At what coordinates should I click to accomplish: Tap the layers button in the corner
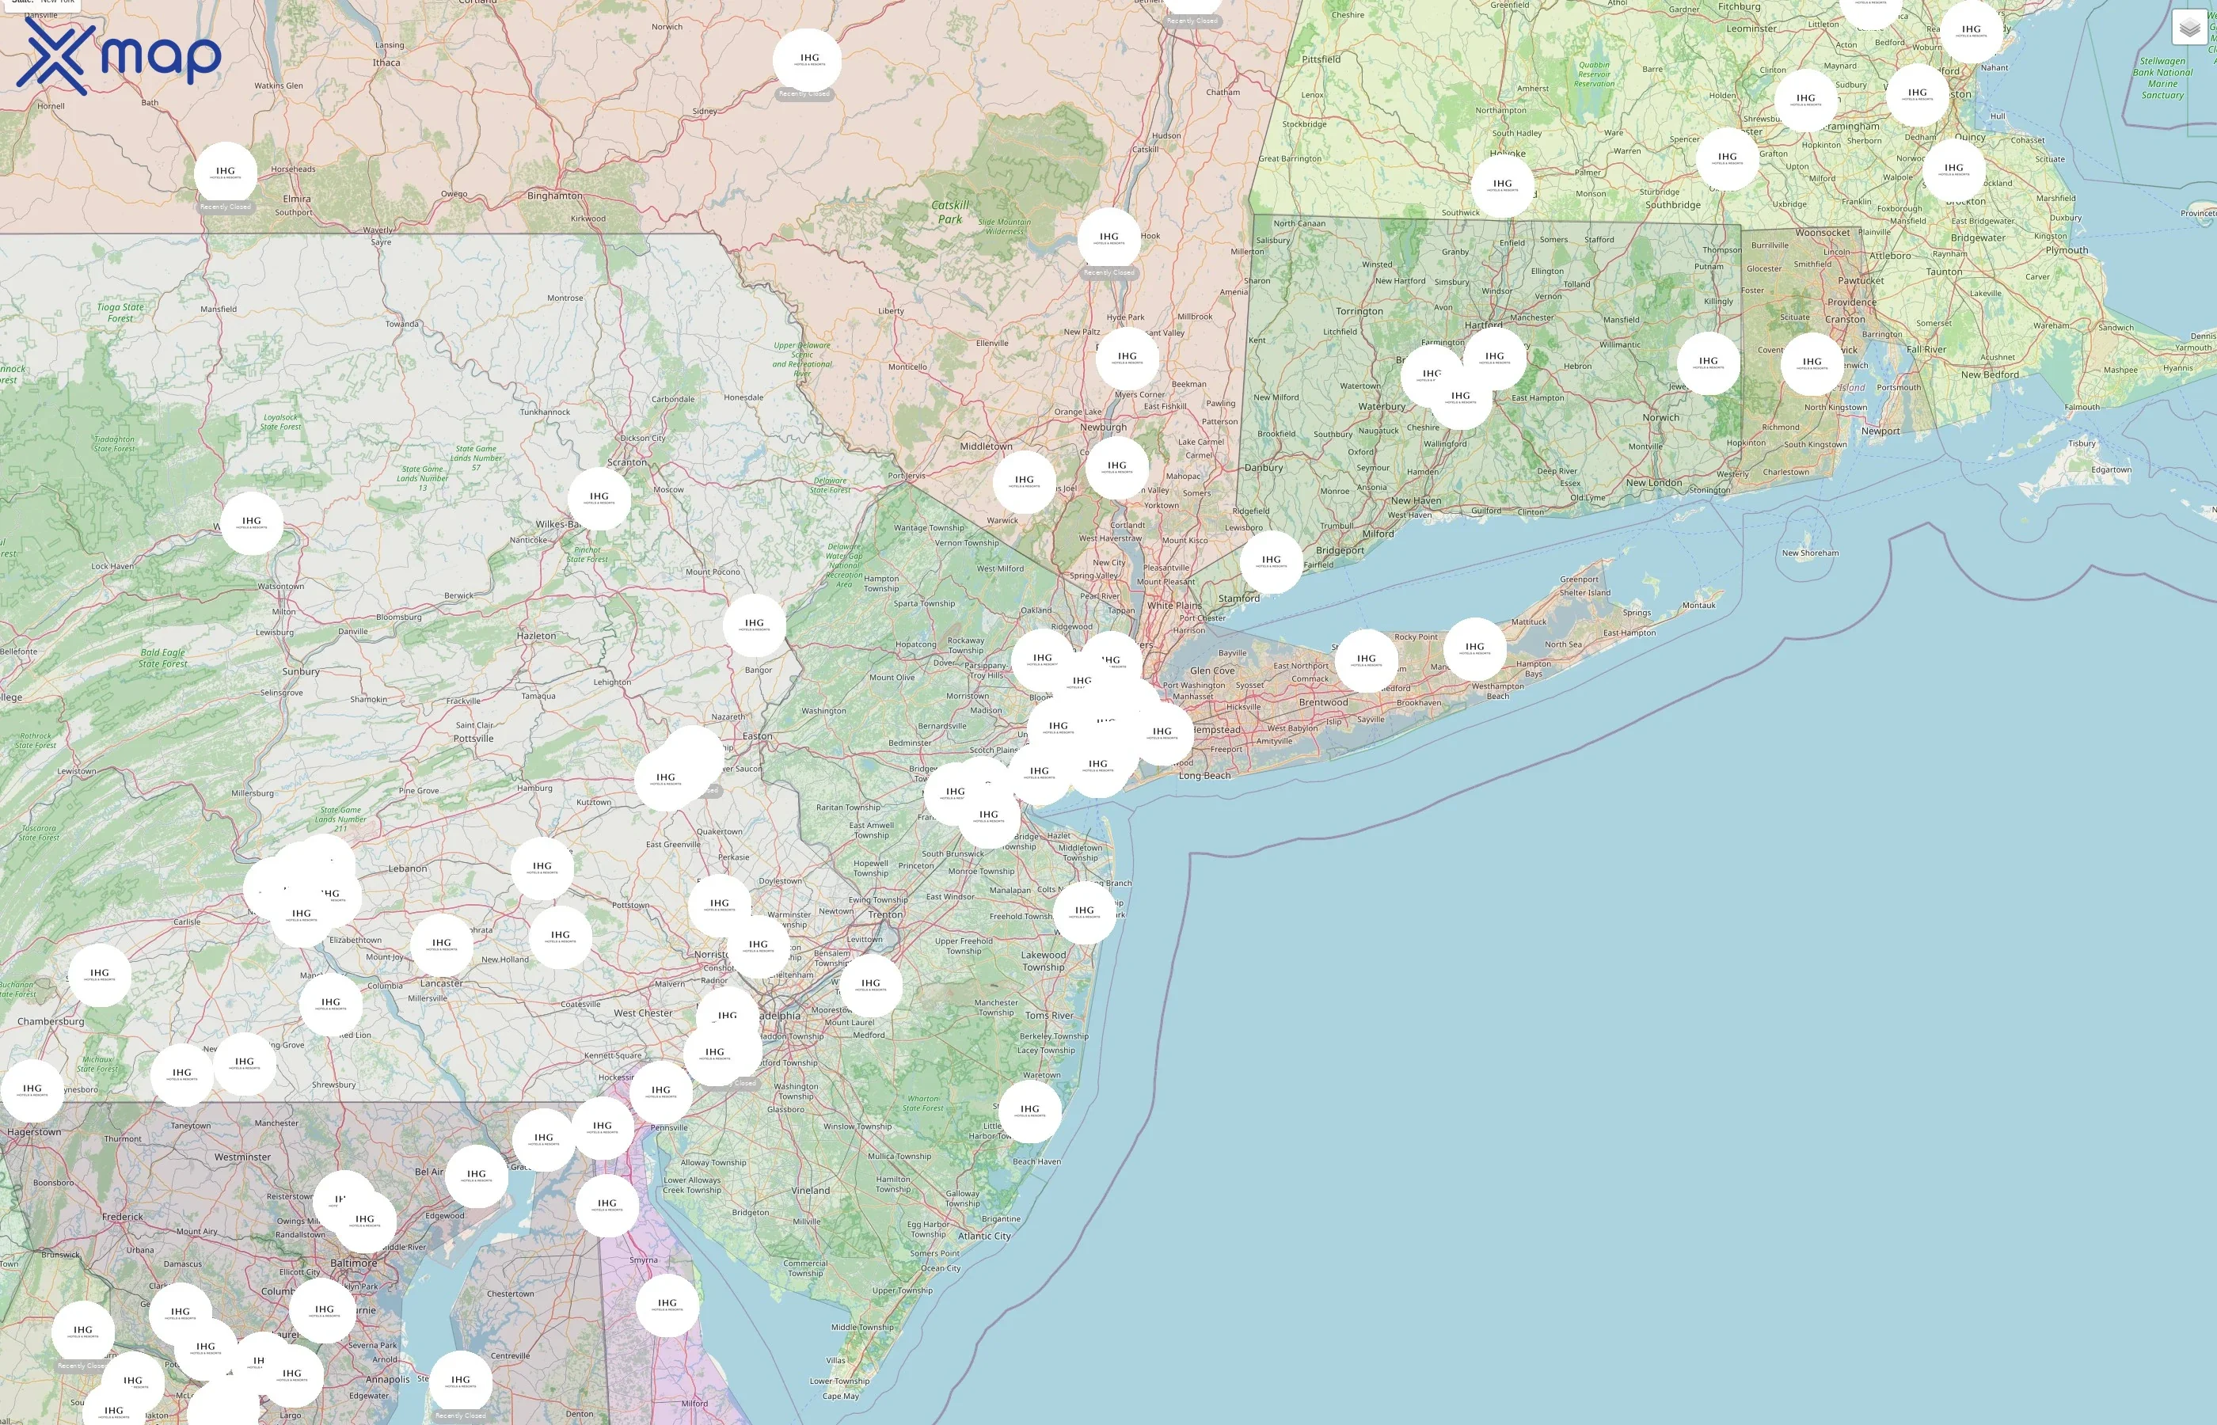point(2189,28)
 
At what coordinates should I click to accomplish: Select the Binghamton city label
point(554,196)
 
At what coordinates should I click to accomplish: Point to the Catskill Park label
point(950,212)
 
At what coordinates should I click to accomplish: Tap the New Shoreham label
point(1810,553)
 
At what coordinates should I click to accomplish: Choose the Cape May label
point(840,1396)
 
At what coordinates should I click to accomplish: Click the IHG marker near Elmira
point(226,173)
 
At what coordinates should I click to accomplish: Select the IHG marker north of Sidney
point(807,60)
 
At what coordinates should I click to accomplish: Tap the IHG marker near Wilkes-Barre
point(599,499)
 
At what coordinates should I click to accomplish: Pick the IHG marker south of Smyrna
point(666,1305)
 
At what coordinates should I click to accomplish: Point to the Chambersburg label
point(51,1021)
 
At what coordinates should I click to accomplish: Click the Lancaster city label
point(441,982)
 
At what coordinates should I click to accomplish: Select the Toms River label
point(1049,1015)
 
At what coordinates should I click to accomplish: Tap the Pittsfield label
point(1321,59)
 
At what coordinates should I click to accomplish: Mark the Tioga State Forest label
point(120,313)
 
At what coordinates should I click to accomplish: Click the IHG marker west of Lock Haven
point(252,522)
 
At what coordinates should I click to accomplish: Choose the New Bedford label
point(1990,374)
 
